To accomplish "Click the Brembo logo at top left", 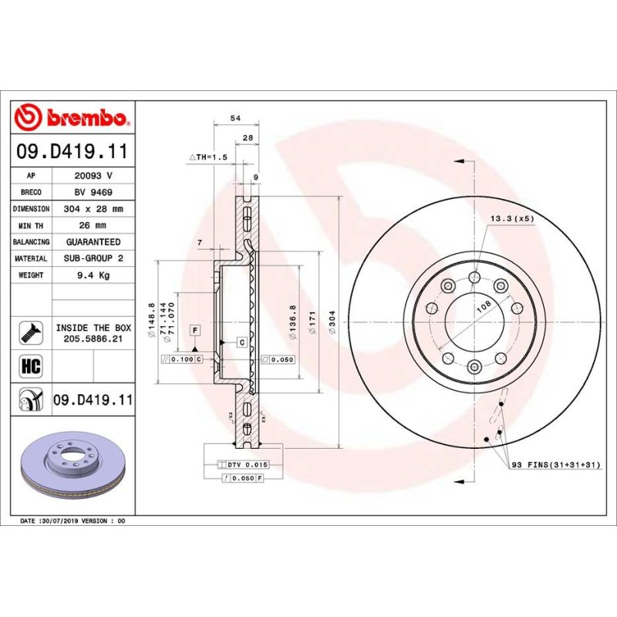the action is point(72,117).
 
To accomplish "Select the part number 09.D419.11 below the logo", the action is point(72,151).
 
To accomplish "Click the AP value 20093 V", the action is point(93,176).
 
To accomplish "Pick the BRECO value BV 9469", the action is point(93,192).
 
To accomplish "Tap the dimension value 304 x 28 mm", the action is point(93,208).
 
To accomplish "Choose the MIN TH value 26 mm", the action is point(93,225).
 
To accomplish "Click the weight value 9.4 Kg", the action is point(93,275).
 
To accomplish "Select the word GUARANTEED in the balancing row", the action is point(93,242).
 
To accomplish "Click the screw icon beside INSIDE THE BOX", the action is point(31,333).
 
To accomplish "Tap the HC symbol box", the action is point(31,366).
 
